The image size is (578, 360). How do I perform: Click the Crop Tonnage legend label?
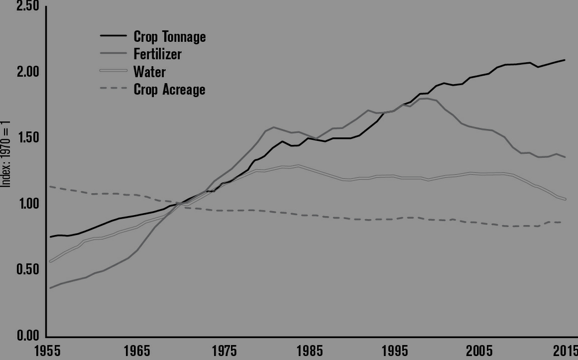pyautogui.click(x=169, y=36)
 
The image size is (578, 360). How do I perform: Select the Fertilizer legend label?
pyautogui.click(x=157, y=53)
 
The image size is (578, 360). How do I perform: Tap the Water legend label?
pyautogui.click(x=149, y=71)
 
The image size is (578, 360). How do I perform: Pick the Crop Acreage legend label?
pyautogui.click(x=169, y=89)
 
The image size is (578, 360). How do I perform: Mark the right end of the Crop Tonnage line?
pyautogui.click(x=565, y=60)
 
